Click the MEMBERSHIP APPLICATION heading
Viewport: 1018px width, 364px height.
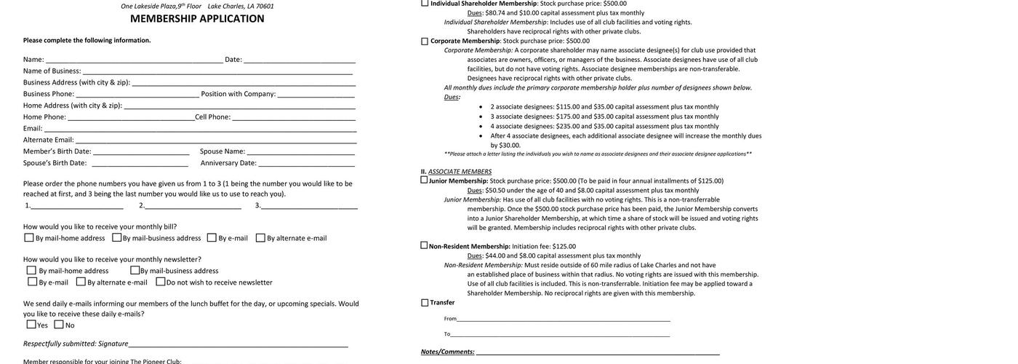pos(197,19)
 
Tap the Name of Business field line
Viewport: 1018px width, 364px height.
pos(217,71)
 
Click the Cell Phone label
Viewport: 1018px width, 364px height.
pos(212,117)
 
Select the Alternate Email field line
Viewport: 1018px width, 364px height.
pos(215,141)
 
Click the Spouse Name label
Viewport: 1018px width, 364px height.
pos(223,151)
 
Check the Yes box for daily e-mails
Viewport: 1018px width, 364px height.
pos(31,325)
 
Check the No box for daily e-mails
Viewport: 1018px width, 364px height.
pos(59,325)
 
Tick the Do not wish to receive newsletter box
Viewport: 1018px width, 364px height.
pos(161,282)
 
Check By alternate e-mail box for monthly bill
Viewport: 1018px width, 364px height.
pos(260,238)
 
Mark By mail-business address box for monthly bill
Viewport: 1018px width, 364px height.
pos(117,237)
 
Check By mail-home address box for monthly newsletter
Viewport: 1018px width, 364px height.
pos(32,271)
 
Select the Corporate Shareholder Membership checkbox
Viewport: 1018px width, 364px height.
pos(425,41)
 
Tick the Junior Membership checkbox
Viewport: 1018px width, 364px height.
pos(424,180)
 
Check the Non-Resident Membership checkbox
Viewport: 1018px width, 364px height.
pos(424,245)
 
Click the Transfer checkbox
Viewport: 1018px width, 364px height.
pos(425,303)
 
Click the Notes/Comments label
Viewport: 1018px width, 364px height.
pos(447,352)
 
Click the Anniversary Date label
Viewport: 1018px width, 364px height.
pos(228,163)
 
